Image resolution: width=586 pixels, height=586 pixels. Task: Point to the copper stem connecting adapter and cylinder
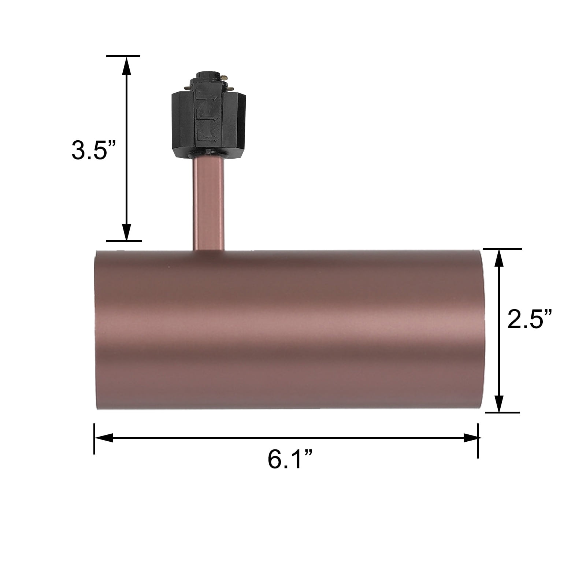(208, 204)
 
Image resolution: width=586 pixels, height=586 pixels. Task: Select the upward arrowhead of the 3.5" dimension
(126, 66)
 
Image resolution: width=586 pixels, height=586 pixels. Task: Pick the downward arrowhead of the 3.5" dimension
(126, 231)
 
